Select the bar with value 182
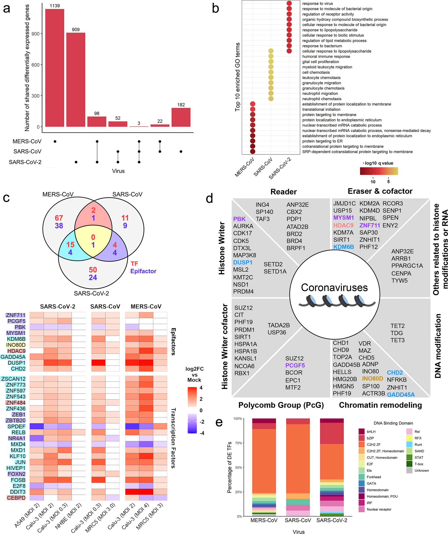[x=181, y=117]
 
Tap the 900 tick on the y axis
[x=36, y=34]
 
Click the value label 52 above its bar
[x=118, y=118]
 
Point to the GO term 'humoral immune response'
[x=326, y=56]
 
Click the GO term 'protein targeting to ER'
[x=322, y=141]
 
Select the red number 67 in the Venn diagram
[x=59, y=218]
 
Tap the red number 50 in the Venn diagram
[x=93, y=270]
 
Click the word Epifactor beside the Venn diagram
[x=143, y=271]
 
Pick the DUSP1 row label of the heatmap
[x=16, y=363]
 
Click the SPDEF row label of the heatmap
[x=16, y=427]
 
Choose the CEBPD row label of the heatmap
[x=16, y=498]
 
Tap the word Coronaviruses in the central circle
[x=334, y=288]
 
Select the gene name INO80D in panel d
[x=372, y=378]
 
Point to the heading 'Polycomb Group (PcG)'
[x=281, y=405]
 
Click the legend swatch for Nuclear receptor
[x=362, y=509]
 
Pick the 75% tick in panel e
[x=238, y=443]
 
